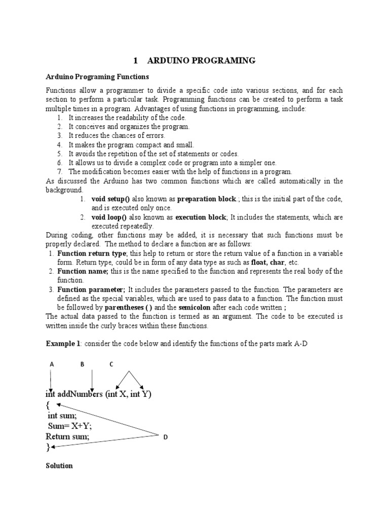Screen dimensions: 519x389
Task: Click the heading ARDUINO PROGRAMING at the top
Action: click(201, 61)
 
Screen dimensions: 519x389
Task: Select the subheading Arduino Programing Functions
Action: click(97, 77)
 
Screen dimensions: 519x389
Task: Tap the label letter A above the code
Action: click(51, 364)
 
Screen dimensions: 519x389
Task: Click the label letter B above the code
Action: click(82, 364)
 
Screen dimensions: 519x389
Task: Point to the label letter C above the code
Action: click(111, 364)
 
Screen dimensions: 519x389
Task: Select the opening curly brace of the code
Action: click(49, 405)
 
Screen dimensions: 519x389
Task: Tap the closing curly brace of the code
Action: click(48, 447)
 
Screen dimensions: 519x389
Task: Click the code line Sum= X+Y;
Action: click(70, 426)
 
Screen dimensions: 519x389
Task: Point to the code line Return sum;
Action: click(68, 436)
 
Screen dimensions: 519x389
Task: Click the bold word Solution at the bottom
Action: click(59, 465)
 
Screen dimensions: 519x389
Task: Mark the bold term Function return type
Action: click(92, 253)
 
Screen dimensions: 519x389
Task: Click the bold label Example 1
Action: click(63, 344)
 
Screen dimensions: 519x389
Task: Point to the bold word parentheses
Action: click(128, 307)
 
